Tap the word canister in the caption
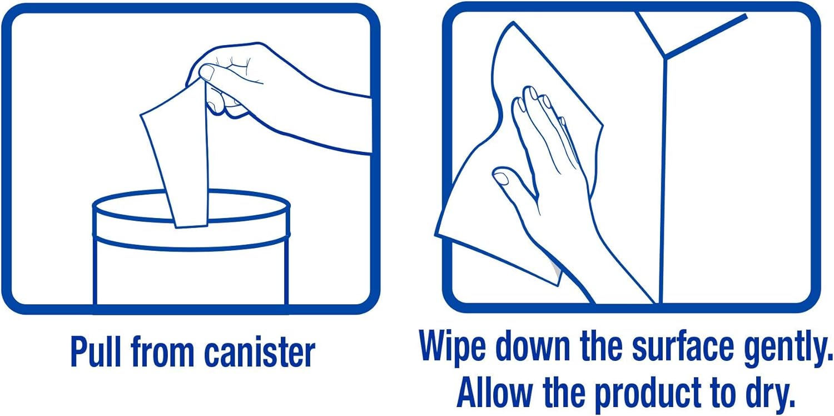tap(260, 352)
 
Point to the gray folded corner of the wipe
tap(556, 270)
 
